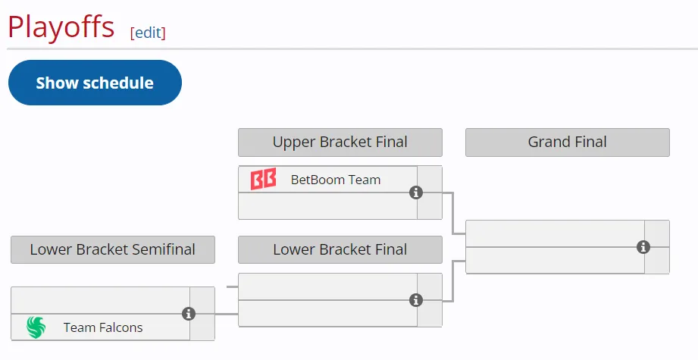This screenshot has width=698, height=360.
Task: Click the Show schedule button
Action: (95, 83)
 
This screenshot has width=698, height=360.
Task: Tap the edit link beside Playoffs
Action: (148, 33)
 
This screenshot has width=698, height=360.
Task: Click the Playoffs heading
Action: (61, 27)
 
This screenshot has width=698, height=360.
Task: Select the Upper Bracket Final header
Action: (340, 142)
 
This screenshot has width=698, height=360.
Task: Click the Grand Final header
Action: (568, 142)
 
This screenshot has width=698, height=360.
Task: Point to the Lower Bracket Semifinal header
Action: (113, 249)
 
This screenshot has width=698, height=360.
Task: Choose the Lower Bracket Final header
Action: (340, 249)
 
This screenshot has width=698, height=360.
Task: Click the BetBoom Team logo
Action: (263, 179)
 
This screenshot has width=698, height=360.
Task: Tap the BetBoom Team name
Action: (336, 180)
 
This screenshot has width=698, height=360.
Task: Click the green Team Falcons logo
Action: (36, 327)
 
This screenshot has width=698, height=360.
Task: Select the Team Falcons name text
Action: (103, 327)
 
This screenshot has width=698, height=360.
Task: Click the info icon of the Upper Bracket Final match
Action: (416, 193)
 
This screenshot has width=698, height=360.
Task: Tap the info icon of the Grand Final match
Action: (643, 247)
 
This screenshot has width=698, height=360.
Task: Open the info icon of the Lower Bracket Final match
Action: (416, 300)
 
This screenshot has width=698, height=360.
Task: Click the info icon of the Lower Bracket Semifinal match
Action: (189, 314)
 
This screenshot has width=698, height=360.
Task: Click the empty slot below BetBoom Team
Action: (327, 206)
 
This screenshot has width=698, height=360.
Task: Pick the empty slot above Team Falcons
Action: (100, 300)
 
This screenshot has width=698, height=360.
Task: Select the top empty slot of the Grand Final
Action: (555, 233)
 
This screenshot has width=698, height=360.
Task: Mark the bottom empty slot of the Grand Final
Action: (555, 260)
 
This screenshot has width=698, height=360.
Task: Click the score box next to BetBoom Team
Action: (430, 179)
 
